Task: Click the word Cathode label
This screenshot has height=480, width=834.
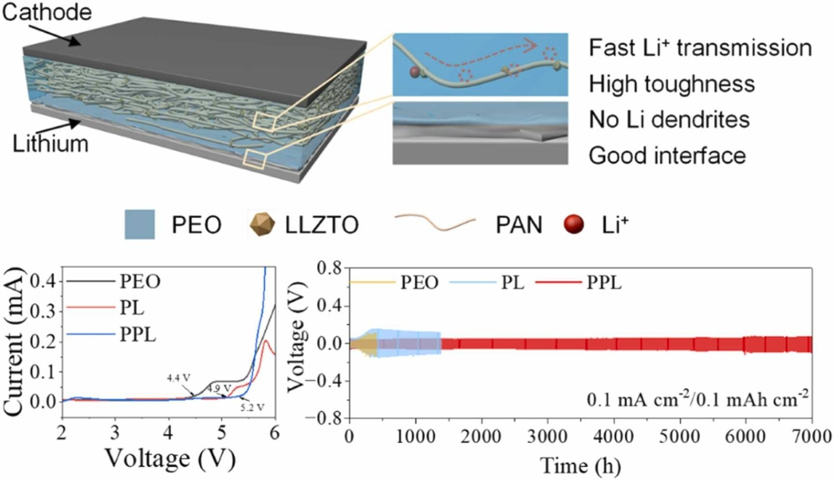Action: (47, 12)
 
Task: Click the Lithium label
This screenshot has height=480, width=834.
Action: (50, 144)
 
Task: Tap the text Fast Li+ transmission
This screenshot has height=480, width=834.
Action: (700, 48)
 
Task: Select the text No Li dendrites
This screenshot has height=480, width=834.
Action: (669, 120)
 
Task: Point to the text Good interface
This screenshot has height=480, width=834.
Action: (667, 156)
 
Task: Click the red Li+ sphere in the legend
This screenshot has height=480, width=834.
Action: (574, 224)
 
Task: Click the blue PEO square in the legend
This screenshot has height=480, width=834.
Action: (139, 224)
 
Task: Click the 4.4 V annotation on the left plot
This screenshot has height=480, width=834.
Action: (178, 378)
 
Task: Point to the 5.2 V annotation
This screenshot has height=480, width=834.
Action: (252, 407)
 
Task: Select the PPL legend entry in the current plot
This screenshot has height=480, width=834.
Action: (138, 335)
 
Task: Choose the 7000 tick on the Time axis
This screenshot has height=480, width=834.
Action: (811, 436)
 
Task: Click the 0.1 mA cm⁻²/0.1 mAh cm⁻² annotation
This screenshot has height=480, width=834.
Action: (697, 400)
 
